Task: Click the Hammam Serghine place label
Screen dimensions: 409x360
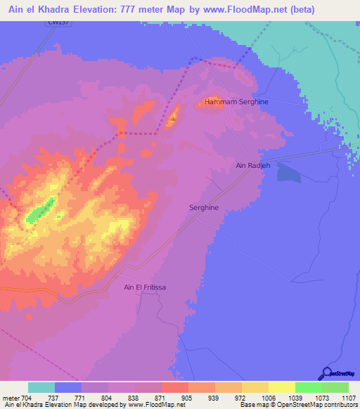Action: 236,102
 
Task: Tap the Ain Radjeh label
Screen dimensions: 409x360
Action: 253,165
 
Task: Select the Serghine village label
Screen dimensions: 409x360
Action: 204,208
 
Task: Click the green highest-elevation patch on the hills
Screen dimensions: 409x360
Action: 42,211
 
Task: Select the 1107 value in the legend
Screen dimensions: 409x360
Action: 348,397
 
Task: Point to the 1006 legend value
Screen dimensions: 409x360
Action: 268,397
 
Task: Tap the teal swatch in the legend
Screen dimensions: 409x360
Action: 41,387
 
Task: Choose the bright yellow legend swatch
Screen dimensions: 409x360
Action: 282,387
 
